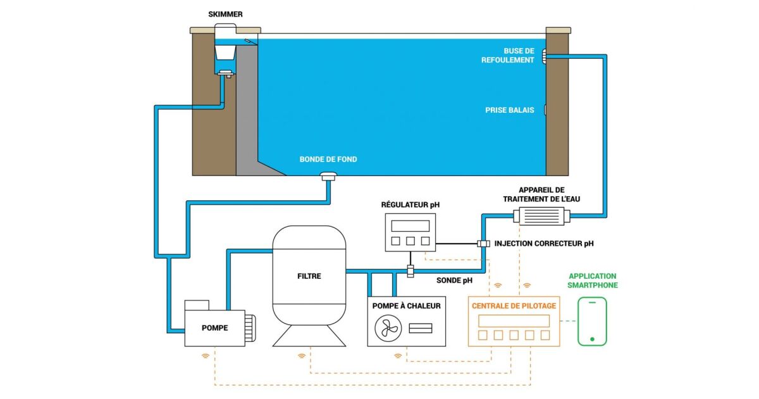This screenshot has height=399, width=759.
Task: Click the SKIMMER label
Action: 225,14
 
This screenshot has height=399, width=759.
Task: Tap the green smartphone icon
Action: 592,322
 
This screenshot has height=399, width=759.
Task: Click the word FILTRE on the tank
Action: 309,276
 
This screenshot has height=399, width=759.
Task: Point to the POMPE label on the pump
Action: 214,327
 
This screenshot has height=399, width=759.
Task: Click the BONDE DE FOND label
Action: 328,159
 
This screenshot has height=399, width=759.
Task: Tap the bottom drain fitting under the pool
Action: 329,177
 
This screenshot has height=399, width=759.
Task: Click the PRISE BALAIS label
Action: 510,110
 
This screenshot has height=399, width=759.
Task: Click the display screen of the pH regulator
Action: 410,225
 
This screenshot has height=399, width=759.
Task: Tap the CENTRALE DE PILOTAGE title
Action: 514,306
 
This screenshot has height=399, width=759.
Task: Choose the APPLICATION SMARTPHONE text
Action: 593,281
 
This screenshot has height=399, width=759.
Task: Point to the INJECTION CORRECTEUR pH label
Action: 544,243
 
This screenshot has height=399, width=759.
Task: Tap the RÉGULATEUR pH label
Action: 410,205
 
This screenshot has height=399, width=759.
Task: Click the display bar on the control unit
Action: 514,320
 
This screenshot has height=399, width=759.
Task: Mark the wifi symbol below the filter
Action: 302,356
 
